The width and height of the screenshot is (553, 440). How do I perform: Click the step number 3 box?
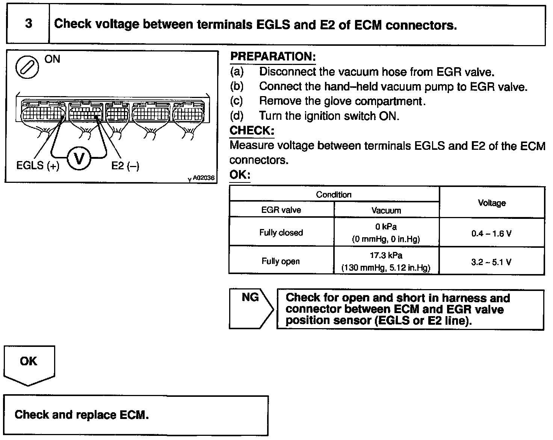click(x=28, y=24)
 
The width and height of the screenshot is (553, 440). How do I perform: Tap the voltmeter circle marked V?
click(x=79, y=159)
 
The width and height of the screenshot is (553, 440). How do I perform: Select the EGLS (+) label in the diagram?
click(x=38, y=166)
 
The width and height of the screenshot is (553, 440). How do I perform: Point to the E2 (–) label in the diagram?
click(x=125, y=166)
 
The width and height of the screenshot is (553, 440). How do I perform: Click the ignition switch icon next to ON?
click(x=27, y=67)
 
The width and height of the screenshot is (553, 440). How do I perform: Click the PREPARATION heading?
click(x=273, y=57)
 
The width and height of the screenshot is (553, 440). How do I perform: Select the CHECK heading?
click(x=252, y=131)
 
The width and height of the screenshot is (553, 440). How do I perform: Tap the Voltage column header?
click(x=491, y=203)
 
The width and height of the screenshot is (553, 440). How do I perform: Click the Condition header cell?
click(x=334, y=194)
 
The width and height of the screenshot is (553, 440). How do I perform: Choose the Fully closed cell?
click(x=281, y=232)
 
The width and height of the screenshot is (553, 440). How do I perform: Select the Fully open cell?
click(x=281, y=261)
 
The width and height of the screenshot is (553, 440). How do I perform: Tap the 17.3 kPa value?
click(x=386, y=256)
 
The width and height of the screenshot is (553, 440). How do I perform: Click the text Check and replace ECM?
click(x=82, y=415)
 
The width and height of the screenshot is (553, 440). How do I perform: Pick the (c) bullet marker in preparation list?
click(x=236, y=101)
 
